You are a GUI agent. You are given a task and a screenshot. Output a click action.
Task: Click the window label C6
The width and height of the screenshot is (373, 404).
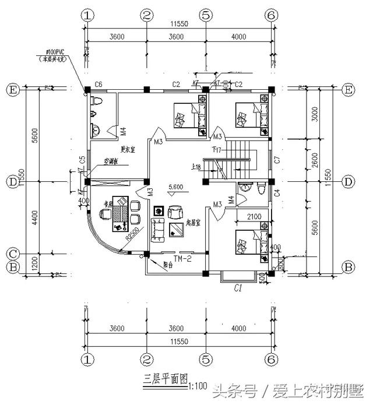pos(98,85)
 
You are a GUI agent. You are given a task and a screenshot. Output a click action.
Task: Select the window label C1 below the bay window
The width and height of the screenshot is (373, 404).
pos(238,287)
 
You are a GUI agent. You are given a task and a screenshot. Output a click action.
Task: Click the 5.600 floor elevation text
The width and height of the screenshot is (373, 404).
pos(176,187)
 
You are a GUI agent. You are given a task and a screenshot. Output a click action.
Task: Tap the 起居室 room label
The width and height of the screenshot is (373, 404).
pos(193,223)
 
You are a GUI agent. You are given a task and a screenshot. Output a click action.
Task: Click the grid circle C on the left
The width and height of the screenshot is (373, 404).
pos(11,254)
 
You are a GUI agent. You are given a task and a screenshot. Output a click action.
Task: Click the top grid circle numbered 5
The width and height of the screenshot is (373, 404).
pos(205,15)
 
